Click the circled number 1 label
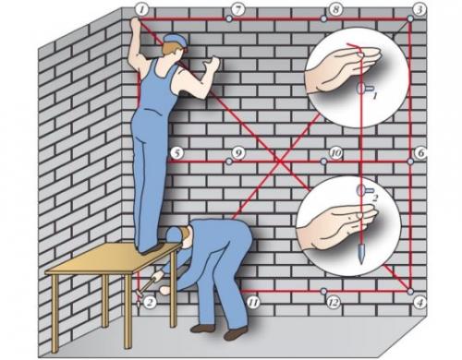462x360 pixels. [141, 10]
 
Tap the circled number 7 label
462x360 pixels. [238, 10]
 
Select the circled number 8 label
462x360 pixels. [335, 9]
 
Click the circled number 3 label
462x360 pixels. [419, 9]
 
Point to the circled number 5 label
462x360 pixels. [176, 153]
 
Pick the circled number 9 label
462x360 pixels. [238, 152]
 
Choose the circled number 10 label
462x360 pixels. [335, 152]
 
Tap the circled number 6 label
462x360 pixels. [420, 153]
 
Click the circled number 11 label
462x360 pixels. [253, 303]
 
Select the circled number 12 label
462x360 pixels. [334, 303]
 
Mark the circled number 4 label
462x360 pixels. [419, 303]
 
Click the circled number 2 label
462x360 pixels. [150, 303]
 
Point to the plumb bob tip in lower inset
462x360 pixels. [360, 262]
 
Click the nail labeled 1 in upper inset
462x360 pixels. [363, 89]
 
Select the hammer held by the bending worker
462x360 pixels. [147, 283]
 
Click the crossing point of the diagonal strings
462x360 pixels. [280, 162]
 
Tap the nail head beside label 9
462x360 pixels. [229, 162]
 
